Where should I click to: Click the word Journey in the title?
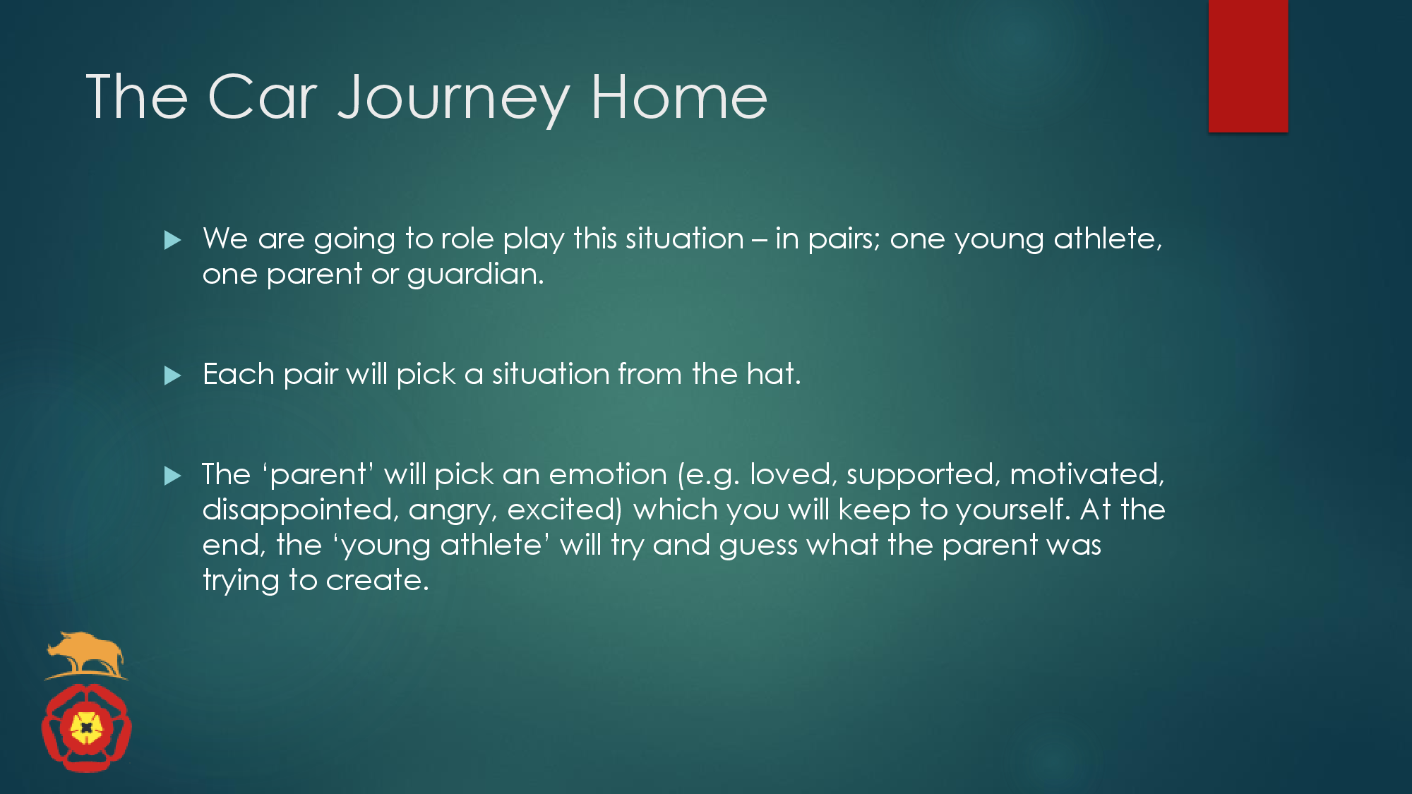(453, 100)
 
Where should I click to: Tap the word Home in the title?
(679, 97)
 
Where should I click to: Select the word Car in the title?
(263, 97)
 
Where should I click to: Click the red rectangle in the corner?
(1248, 66)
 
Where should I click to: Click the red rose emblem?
(87, 728)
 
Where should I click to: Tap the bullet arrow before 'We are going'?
(173, 241)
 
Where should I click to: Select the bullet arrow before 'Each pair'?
(173, 375)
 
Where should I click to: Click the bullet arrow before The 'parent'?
(173, 476)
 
